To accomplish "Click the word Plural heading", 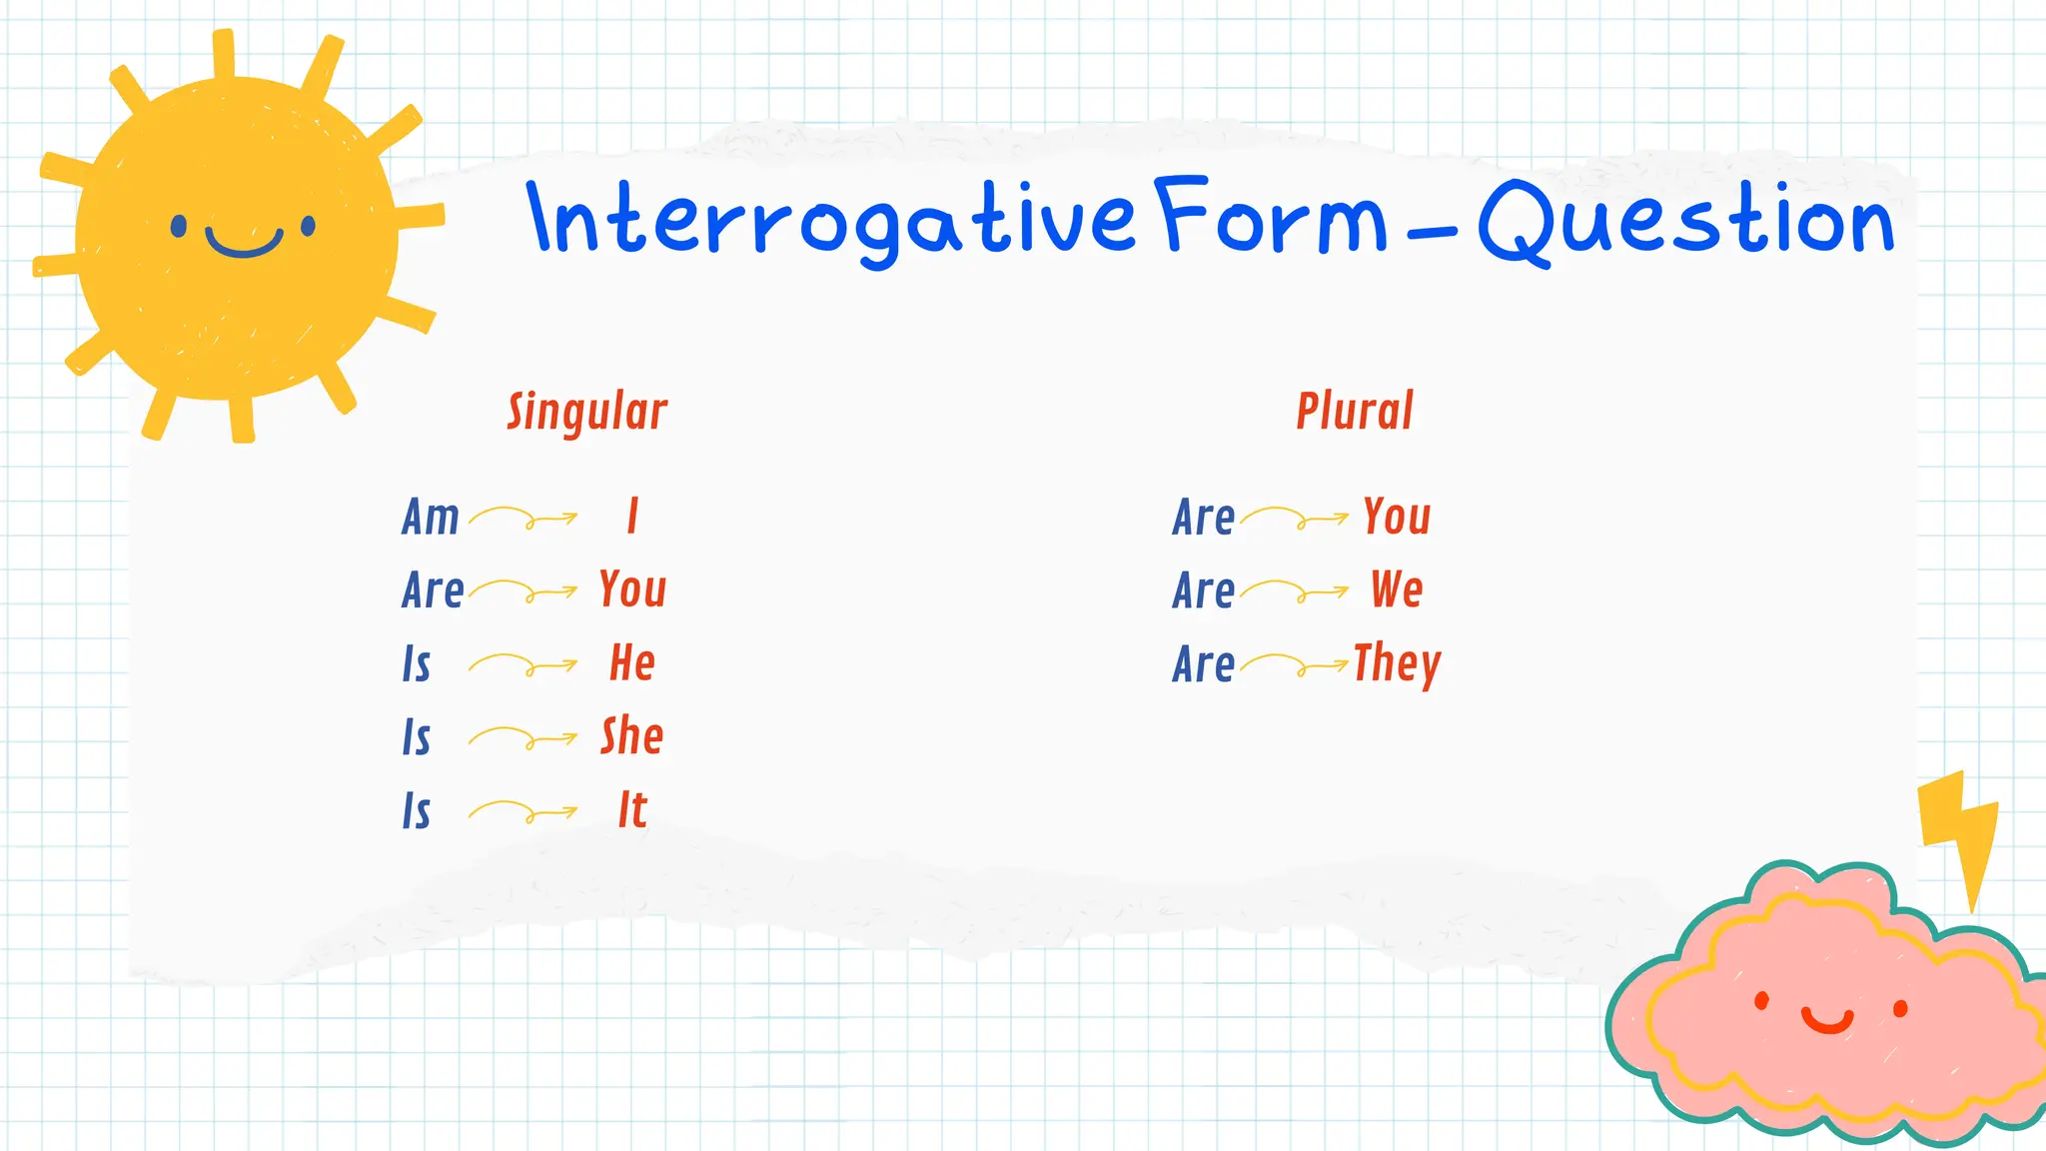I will (x=1355, y=411).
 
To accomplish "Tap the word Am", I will (x=431, y=518).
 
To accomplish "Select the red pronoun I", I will (x=632, y=517).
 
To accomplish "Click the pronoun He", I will (x=632, y=663).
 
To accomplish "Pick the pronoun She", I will (x=631, y=736).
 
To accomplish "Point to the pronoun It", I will (x=632, y=809).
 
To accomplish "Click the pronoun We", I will (x=1397, y=589).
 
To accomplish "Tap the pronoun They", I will (x=1397, y=664).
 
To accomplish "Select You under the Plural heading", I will (x=1397, y=517).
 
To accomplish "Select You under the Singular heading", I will (x=632, y=589).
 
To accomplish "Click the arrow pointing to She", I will (x=522, y=738).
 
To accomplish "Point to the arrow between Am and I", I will (x=522, y=518).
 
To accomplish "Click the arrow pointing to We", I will (x=1294, y=591).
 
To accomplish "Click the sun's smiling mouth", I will (x=244, y=244).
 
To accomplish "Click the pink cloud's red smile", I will (x=1828, y=1021).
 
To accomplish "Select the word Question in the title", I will (x=1686, y=222).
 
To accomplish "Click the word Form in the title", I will (x=1271, y=218).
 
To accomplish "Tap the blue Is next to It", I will (x=417, y=810).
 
